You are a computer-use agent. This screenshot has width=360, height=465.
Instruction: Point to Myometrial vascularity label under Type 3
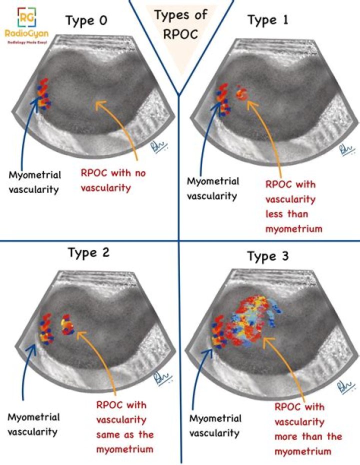point(216,425)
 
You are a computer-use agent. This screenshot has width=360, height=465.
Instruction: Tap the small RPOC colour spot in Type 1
point(242,93)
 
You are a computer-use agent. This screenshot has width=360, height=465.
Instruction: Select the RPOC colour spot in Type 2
point(66,323)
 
